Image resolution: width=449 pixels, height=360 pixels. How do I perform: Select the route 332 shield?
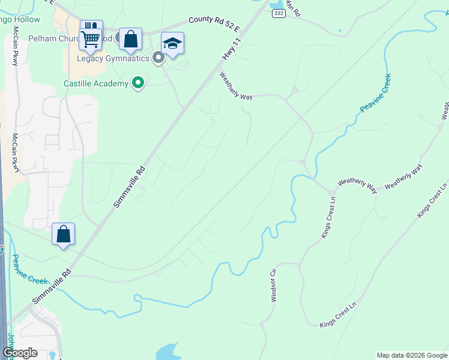[x=277, y=13]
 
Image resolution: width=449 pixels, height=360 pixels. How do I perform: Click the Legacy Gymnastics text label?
[x=113, y=58]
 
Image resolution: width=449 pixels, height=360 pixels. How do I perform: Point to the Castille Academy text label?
[x=96, y=83]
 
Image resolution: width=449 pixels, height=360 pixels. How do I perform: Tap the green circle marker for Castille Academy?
[x=139, y=83]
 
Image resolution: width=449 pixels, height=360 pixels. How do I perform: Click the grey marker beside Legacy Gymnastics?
[x=158, y=58]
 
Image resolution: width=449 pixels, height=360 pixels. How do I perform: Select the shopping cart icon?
[x=91, y=38]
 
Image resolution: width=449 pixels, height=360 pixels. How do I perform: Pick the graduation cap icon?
[x=172, y=43]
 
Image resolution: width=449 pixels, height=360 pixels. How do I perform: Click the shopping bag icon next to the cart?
[x=130, y=39]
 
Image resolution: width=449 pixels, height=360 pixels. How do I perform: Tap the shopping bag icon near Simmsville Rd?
[x=64, y=234]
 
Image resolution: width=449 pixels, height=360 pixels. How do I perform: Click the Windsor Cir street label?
[x=274, y=285]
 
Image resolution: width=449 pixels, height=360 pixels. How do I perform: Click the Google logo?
[x=20, y=353]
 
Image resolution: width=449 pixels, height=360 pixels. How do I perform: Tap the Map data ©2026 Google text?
[x=411, y=355]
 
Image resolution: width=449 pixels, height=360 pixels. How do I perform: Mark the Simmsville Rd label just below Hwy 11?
[x=129, y=188]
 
